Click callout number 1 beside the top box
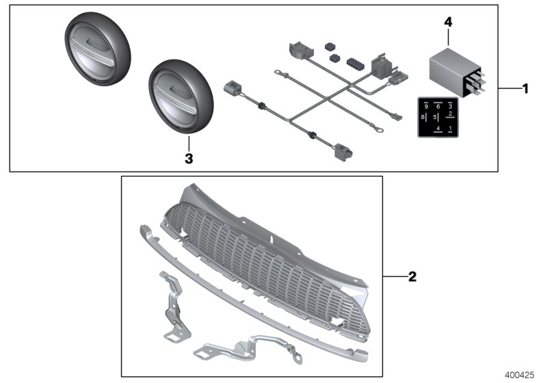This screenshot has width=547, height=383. pyautogui.click(x=525, y=89)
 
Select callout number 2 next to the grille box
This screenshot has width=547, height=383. pyautogui.click(x=412, y=277)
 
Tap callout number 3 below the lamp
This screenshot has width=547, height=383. pyautogui.click(x=189, y=158)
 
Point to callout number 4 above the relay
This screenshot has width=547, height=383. pyautogui.click(x=449, y=23)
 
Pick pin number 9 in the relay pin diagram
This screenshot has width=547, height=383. pyautogui.click(x=425, y=107)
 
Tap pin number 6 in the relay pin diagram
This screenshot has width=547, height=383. pyautogui.click(x=438, y=107)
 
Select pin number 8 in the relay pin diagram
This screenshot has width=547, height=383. pyautogui.click(x=424, y=118)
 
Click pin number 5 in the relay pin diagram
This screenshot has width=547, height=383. pyautogui.click(x=435, y=118)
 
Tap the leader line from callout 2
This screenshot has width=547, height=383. pyautogui.click(x=394, y=277)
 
